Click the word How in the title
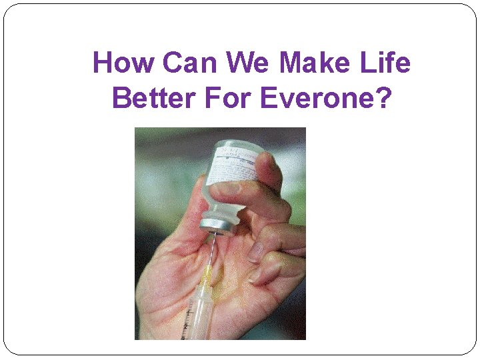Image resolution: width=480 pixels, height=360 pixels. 125,63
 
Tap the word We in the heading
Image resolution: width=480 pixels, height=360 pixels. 248,63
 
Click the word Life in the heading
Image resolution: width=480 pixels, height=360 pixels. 387,63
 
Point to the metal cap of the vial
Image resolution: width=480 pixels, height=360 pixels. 219,225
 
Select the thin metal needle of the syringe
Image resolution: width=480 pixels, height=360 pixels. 211,250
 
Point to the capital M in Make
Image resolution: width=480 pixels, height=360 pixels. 290,63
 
